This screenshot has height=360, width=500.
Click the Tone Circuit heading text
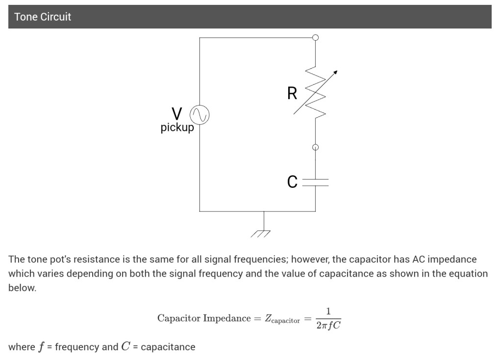coord(43,17)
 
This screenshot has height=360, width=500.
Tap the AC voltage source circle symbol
coord(200,115)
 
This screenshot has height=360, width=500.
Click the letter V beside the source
coord(177,114)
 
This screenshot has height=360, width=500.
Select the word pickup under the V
coord(177,128)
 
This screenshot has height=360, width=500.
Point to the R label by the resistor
coord(292,93)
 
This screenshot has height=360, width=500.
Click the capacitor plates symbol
coord(315,182)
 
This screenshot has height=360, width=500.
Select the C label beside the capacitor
coord(292,182)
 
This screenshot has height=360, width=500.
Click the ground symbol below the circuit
coord(261,232)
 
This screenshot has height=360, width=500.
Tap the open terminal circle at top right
coord(315,37)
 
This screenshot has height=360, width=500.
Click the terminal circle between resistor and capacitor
coord(315,147)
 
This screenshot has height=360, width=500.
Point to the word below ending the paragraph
coord(22,288)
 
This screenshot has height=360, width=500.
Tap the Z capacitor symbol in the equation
coord(282,319)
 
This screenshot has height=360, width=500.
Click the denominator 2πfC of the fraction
coord(328,325)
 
